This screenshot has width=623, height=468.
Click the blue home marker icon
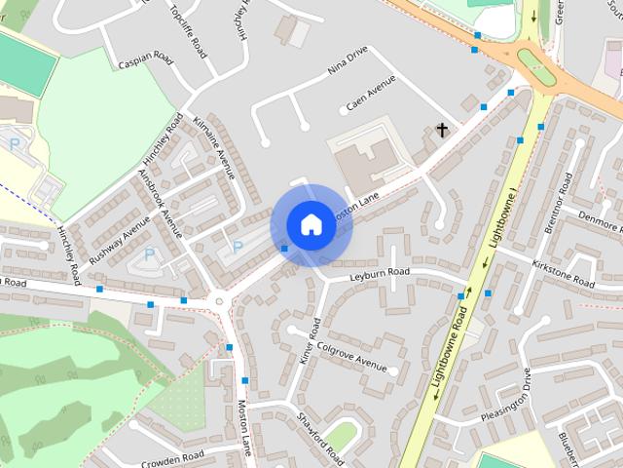310,224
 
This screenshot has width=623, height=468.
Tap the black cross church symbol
442,130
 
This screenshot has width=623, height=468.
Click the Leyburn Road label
381,277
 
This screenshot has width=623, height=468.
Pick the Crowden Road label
172,456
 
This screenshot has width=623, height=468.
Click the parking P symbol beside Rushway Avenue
149,253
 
